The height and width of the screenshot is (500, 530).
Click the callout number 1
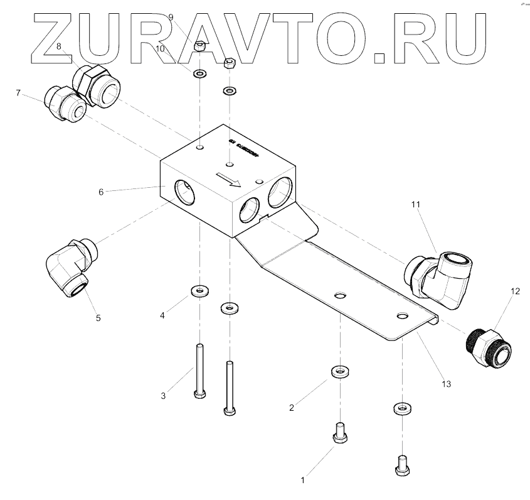coord(303,481)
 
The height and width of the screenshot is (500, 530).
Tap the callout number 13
coord(447,383)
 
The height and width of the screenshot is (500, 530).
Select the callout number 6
coord(100,192)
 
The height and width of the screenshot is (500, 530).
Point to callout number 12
coord(515,291)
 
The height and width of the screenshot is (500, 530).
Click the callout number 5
coord(98,318)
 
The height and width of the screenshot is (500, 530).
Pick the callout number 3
coord(163,396)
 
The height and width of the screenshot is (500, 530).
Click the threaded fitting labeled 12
coord(489,347)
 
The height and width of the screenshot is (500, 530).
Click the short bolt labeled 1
coord(340,433)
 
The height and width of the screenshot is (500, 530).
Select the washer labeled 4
coord(199,291)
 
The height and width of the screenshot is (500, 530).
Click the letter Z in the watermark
coord(60,39)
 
